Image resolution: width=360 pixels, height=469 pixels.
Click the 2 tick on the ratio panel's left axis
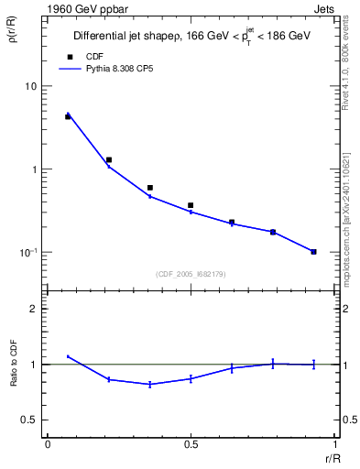[x=36, y=309]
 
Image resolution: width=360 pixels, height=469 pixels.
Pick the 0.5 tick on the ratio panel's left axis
[x=30, y=420]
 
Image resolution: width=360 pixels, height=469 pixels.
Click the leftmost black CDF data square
[x=68, y=116]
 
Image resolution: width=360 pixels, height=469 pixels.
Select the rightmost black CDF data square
[x=313, y=252]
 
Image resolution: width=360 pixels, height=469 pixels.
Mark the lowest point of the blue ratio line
[x=149, y=385]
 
